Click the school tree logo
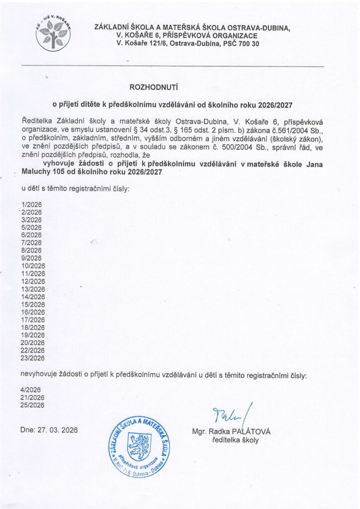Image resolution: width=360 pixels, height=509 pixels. click(53, 33)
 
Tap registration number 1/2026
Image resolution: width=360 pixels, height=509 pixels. click(31, 204)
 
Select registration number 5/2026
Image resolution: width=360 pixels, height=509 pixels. click(31, 227)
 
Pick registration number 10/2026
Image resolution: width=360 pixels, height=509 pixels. click(33, 265)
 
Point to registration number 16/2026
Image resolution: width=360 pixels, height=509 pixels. click(33, 312)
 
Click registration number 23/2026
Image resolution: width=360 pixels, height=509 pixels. click(33, 357)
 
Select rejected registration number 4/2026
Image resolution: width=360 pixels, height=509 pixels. click(31, 390)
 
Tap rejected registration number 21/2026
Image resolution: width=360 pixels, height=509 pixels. click(33, 397)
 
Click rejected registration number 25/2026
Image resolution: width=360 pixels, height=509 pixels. click(33, 405)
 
